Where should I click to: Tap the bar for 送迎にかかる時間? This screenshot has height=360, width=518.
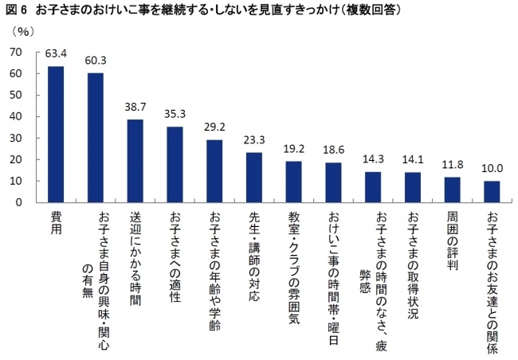pos(135,160)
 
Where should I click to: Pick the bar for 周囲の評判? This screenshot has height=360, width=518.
pos(453,190)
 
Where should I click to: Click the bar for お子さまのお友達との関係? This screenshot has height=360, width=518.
pos(492,191)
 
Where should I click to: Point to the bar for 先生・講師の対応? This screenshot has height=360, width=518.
pos(254,177)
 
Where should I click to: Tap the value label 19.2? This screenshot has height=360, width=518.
pos(294,148)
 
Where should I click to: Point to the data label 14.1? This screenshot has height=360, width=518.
pos(413,158)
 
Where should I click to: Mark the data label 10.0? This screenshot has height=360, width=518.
pos(492,169)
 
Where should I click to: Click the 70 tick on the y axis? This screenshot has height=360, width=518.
pos(15,52)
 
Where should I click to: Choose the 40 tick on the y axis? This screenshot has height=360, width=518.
pos(15,116)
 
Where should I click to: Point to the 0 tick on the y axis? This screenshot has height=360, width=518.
pos(18,202)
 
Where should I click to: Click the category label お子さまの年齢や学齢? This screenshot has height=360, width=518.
pos(214,259)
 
